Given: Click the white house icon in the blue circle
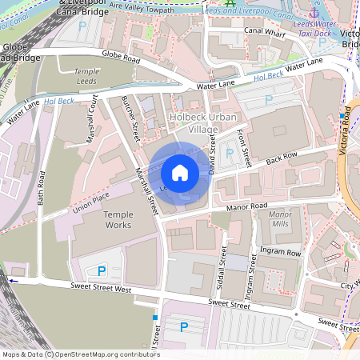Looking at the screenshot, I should point(180,173).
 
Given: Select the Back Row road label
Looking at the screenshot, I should point(282,158).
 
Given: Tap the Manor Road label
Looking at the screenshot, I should point(246,206).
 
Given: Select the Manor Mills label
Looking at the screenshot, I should point(281,220).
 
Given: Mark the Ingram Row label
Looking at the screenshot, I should point(284,252).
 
